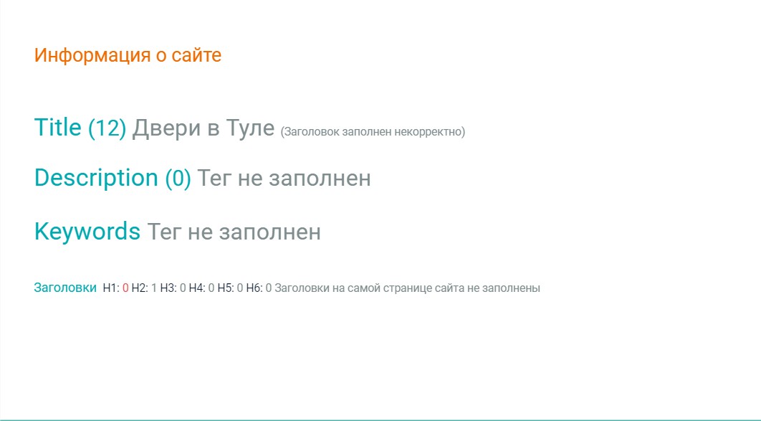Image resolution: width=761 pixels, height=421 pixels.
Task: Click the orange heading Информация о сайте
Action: pyautogui.click(x=128, y=55)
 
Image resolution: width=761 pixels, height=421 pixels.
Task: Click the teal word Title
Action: pyautogui.click(x=58, y=128)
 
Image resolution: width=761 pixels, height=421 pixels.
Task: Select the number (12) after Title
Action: pyautogui.click(x=107, y=128)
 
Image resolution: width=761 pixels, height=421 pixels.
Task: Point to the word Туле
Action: pyautogui.click(x=250, y=128)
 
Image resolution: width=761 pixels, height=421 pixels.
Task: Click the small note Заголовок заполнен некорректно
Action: pyautogui.click(x=373, y=131)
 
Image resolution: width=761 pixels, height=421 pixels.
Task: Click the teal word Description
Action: pyautogui.click(x=96, y=178)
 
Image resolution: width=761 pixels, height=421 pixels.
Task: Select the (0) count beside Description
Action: pyautogui.click(x=178, y=178)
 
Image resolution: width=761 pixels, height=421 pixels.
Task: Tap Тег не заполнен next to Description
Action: pyautogui.click(x=284, y=178)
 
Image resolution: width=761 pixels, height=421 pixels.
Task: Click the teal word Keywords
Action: pyautogui.click(x=87, y=232)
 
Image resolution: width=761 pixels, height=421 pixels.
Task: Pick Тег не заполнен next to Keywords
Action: pyautogui.click(x=234, y=232)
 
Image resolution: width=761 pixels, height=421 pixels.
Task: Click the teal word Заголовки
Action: pyautogui.click(x=65, y=288)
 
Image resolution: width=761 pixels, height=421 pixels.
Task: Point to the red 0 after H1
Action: pyautogui.click(x=125, y=288)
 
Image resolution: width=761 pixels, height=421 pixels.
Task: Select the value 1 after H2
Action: pyautogui.click(x=154, y=288)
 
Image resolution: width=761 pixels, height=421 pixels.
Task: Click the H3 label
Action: pyautogui.click(x=168, y=288)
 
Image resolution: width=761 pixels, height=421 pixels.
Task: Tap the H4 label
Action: pyautogui.click(x=196, y=288)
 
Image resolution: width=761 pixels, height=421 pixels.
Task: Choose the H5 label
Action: pyautogui.click(x=225, y=288)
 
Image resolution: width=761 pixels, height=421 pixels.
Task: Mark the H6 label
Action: pyautogui.click(x=254, y=288)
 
